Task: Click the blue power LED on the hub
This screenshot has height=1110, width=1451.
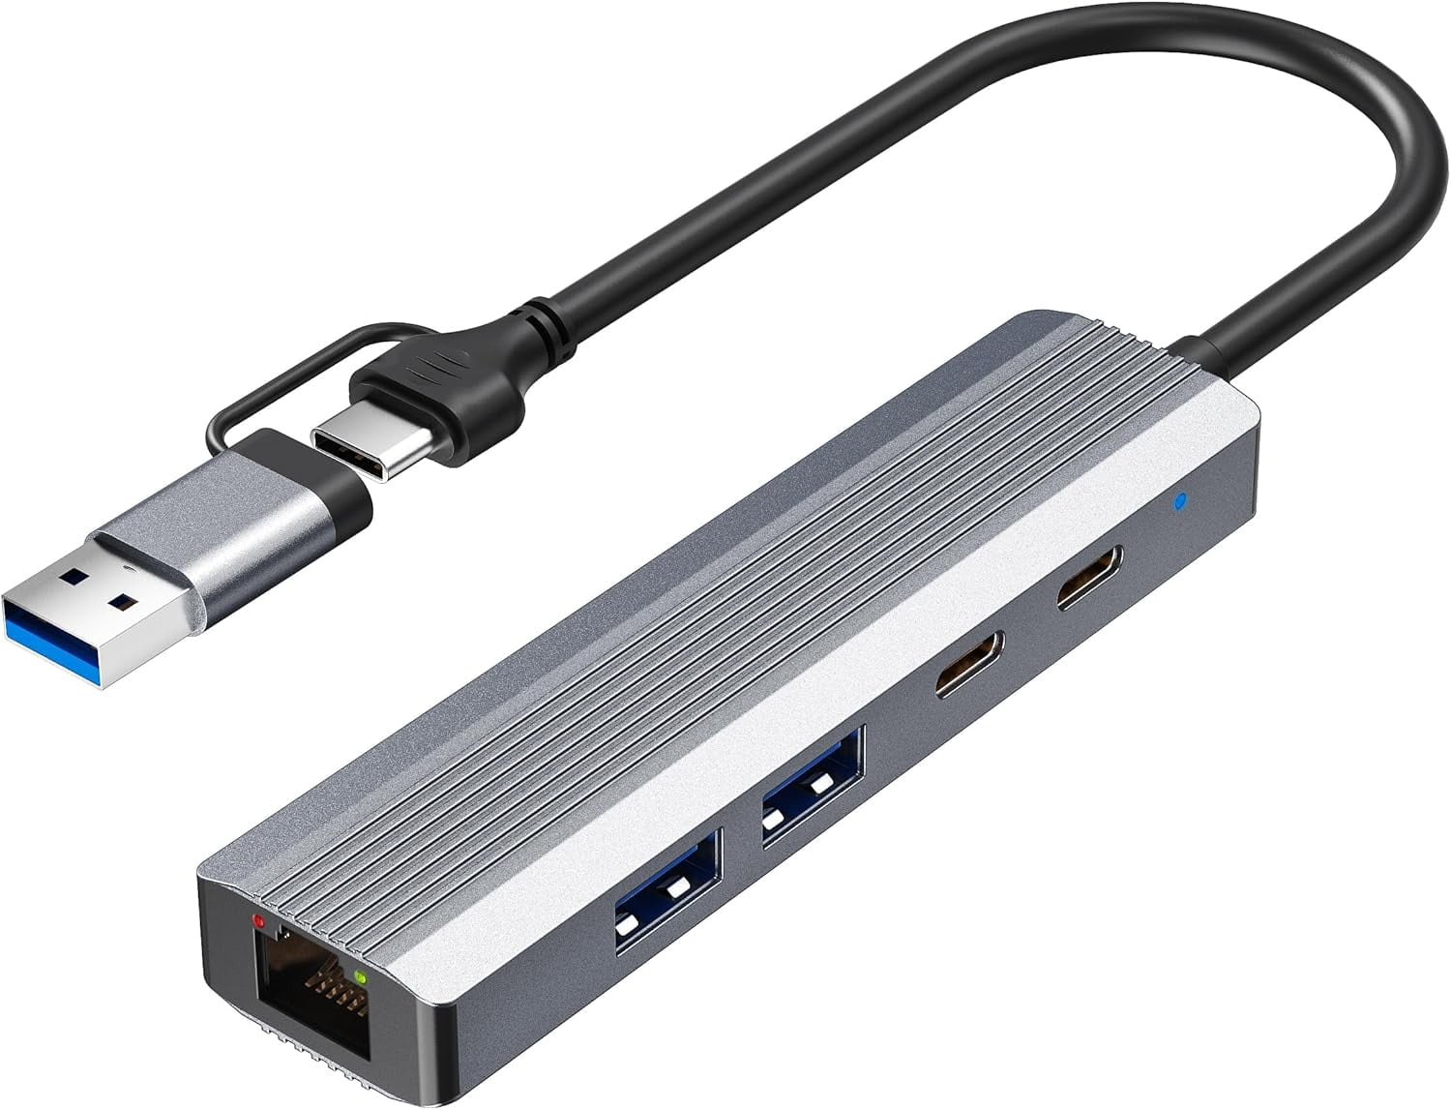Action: (x=1177, y=502)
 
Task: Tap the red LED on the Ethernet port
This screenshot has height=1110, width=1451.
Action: (x=258, y=919)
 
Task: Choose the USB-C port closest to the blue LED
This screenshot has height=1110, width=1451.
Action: (x=1089, y=578)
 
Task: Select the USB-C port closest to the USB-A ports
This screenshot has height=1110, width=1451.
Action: (x=969, y=665)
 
